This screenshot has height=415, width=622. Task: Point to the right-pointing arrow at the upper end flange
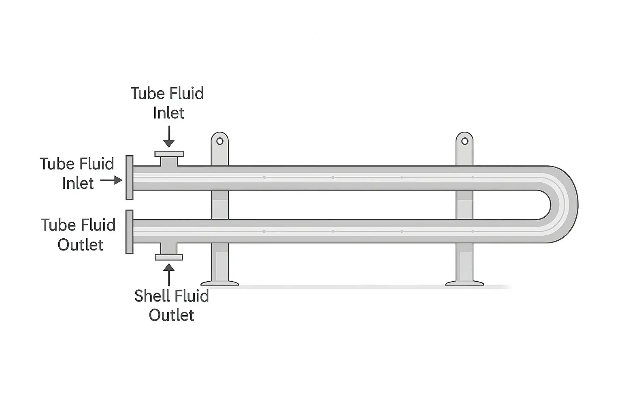click(x=111, y=180)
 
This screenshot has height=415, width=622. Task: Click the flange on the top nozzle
click(x=169, y=154)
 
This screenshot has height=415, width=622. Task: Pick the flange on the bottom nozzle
click(x=169, y=257)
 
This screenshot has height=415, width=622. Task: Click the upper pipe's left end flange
click(x=130, y=178)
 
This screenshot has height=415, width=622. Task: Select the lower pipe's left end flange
click(x=130, y=231)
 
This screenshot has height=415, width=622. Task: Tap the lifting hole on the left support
click(x=220, y=141)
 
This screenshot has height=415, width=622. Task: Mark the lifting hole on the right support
click(x=465, y=141)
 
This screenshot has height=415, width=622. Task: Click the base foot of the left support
click(x=220, y=282)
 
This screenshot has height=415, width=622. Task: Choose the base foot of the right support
click(x=465, y=282)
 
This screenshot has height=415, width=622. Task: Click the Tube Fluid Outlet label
click(x=79, y=235)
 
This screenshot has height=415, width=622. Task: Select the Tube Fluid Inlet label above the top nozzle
click(x=168, y=103)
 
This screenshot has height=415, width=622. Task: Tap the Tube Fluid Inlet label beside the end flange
click(x=77, y=173)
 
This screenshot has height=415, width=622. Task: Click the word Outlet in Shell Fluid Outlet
click(x=171, y=315)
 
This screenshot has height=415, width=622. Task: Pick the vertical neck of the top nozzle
click(x=169, y=162)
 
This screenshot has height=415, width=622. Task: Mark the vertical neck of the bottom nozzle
click(x=169, y=248)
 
